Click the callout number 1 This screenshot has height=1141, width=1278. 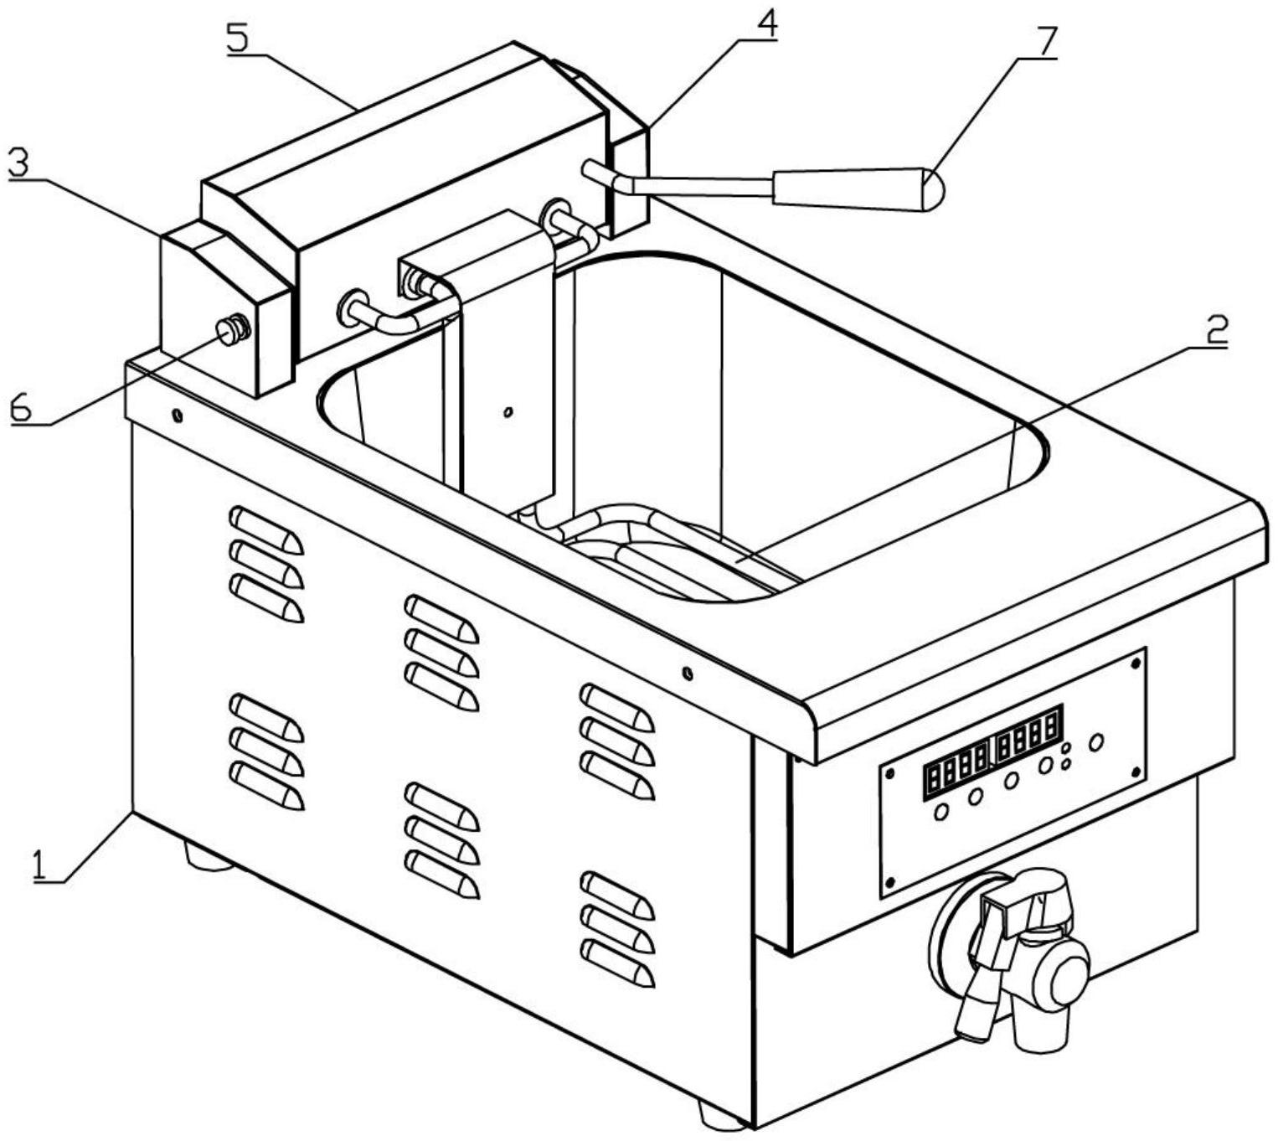point(39,863)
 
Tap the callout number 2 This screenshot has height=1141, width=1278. point(1216,331)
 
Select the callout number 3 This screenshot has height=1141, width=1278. point(18,163)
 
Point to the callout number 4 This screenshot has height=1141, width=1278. point(765,24)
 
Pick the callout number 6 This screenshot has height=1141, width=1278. point(21,408)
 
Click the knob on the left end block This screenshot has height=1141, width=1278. point(230,332)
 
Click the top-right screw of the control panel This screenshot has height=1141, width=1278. point(1135,663)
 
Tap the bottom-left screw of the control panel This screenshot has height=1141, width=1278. point(890,882)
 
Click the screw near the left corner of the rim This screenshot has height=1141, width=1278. point(178,414)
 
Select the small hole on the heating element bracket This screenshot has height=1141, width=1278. point(507,411)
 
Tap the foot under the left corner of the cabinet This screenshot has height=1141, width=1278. point(207,855)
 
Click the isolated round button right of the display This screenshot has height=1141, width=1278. point(1095,741)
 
